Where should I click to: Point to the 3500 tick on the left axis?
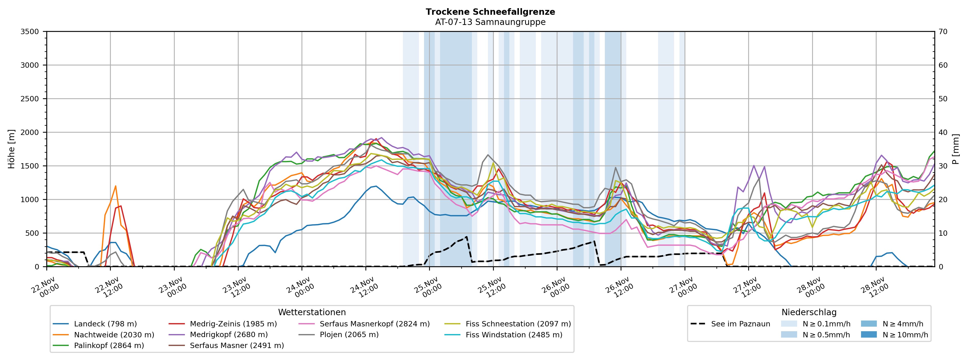tap(30, 32)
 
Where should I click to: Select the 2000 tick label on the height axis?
tap(30, 132)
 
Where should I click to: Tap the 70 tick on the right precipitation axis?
tap(943, 32)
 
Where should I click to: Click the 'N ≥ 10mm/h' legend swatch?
tap(869, 335)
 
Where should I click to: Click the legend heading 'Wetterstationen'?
tap(312, 312)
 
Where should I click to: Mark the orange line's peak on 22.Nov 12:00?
tap(115, 186)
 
